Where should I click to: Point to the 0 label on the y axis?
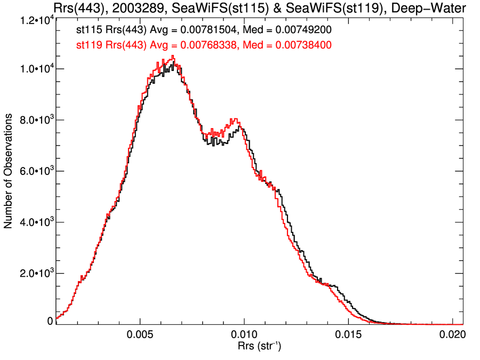click(x=50, y=322)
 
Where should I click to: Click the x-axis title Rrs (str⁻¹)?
click(x=259, y=347)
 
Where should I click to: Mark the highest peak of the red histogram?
click(x=172, y=56)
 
